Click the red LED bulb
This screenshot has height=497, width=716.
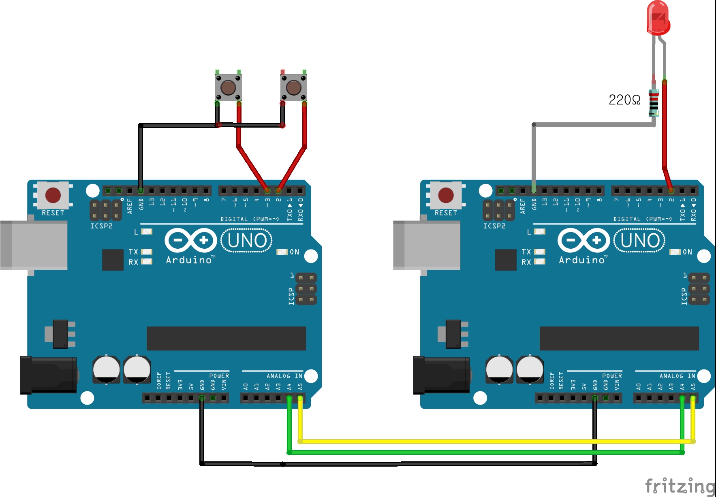pos(658,18)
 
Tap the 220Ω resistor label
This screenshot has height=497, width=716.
pos(624,100)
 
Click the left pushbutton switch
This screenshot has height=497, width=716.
pos(228,87)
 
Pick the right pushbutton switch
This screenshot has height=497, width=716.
pos(294,87)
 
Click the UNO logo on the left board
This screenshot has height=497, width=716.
pos(247,241)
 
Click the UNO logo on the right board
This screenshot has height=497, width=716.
pos(640,241)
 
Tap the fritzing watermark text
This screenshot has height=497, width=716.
pos(680,486)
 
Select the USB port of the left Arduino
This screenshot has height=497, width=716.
pos(34,245)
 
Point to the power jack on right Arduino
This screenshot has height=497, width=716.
pos(441,375)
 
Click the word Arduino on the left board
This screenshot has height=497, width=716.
pos(189,260)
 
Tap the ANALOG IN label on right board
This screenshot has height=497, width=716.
pos(677,376)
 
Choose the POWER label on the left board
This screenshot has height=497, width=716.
pos(219,376)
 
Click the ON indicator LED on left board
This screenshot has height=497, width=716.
pos(282,252)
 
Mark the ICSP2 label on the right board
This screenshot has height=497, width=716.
pos(494,226)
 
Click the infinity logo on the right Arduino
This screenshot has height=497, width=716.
pos(583,240)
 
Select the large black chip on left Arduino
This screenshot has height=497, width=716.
pos(226,338)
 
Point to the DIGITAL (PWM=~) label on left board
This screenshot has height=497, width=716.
pos(250,219)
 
